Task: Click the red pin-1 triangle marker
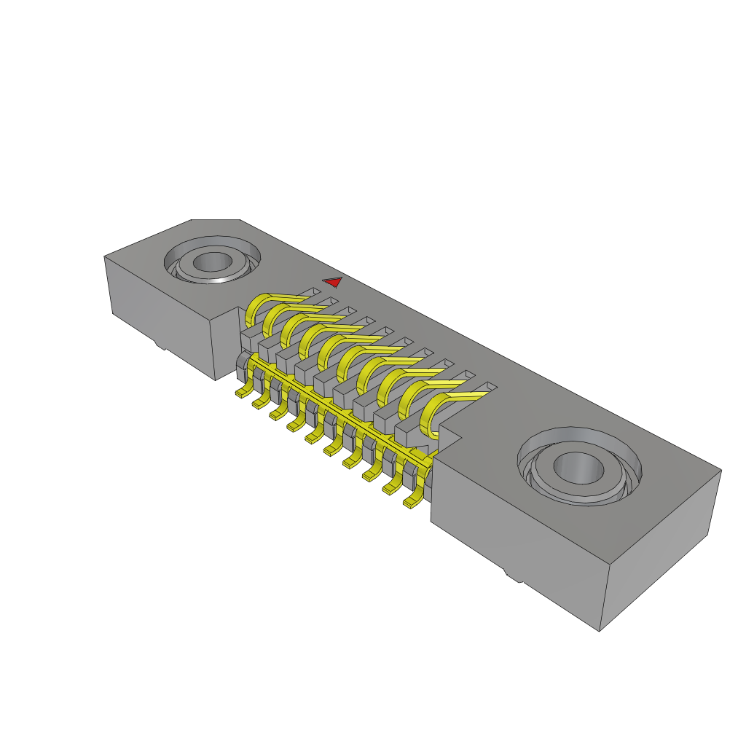(x=333, y=282)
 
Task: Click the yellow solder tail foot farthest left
(x=240, y=393)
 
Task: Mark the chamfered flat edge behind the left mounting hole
(x=215, y=220)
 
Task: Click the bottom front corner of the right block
(x=600, y=629)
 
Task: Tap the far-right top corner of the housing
(x=721, y=470)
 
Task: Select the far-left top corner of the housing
(x=106, y=256)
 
